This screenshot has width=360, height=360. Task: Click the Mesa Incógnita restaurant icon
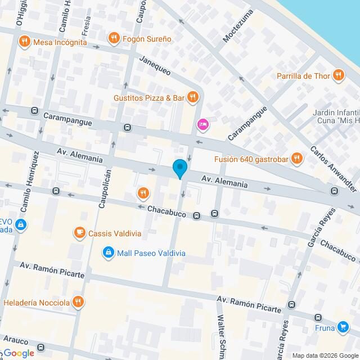click(24, 41)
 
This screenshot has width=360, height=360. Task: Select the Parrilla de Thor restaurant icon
click(338, 75)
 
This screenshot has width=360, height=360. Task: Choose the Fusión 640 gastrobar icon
click(297, 159)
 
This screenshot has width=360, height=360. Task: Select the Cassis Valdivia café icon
click(79, 232)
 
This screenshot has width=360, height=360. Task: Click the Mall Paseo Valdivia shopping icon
click(107, 253)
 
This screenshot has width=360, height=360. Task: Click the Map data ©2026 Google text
click(325, 355)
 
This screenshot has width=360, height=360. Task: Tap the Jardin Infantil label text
click(335, 112)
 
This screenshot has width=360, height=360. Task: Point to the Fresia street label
click(86, 25)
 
